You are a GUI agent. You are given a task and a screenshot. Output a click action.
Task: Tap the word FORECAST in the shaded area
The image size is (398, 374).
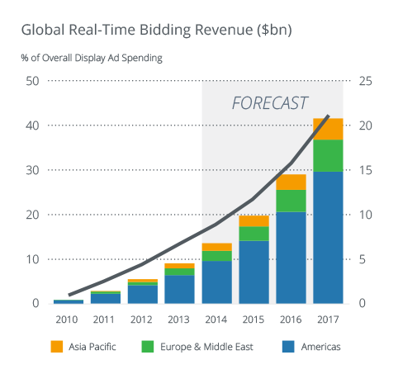(269, 103)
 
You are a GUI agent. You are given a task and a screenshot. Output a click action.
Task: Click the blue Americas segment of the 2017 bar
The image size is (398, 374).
(328, 237)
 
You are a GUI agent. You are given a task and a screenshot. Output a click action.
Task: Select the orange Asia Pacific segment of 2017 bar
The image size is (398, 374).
(328, 129)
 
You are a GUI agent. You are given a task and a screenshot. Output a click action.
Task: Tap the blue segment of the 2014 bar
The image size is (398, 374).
(216, 282)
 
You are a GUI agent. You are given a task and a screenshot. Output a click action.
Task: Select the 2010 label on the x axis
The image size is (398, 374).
(69, 318)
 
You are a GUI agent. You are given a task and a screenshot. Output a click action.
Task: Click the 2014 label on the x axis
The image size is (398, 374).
(216, 318)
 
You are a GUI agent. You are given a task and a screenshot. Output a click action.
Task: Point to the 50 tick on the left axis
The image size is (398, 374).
(33, 81)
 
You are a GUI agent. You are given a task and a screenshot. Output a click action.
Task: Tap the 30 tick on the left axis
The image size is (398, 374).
(33, 170)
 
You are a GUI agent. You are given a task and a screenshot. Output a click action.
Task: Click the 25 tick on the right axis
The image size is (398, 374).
(365, 81)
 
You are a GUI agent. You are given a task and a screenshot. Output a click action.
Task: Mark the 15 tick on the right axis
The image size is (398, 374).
(365, 170)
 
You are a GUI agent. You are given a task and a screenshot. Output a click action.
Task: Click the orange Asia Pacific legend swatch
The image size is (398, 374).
(57, 346)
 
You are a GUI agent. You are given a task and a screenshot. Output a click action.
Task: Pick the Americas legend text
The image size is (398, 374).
(318, 347)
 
